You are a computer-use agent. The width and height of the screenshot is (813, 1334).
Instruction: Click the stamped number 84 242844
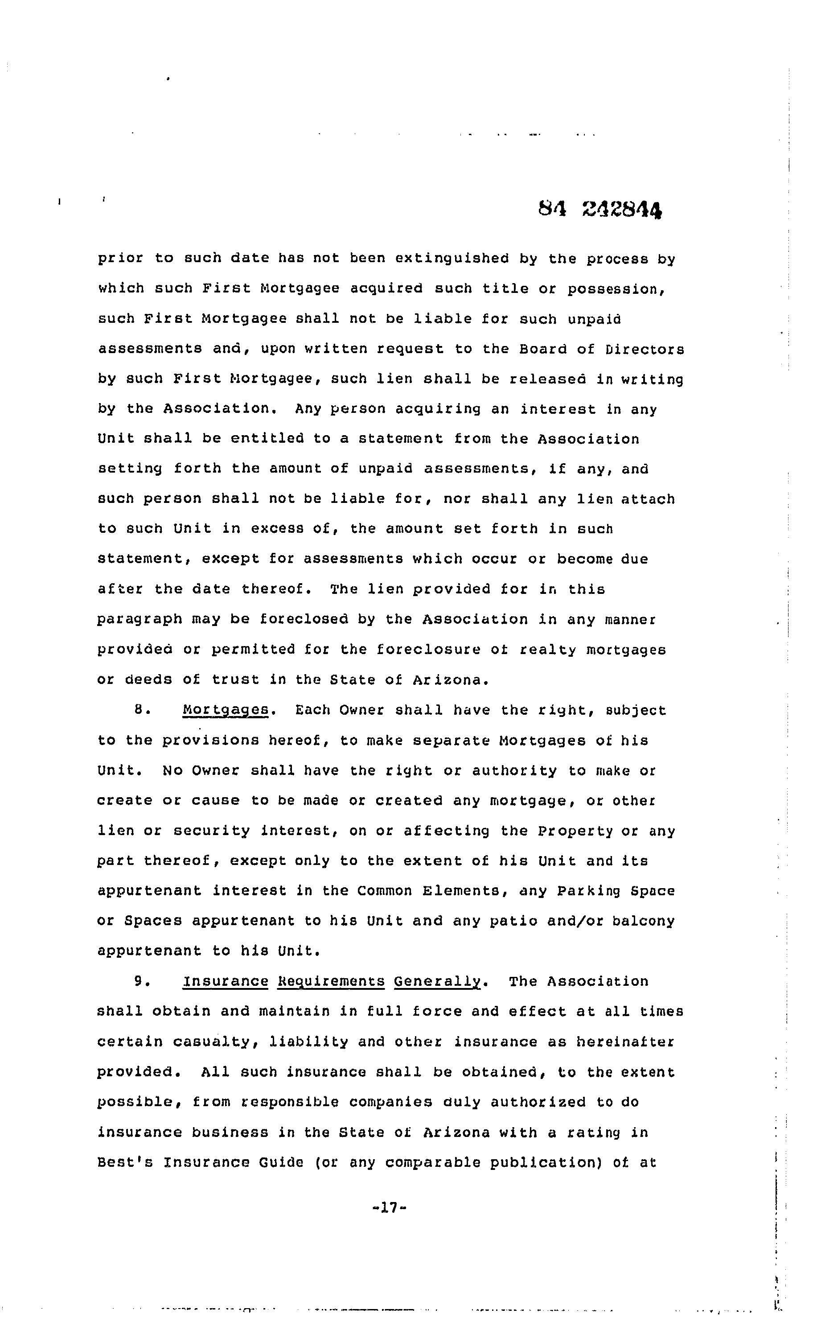[600, 209]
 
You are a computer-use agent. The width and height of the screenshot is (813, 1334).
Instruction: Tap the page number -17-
[389, 1208]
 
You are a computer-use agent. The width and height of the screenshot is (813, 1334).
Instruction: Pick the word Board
[543, 349]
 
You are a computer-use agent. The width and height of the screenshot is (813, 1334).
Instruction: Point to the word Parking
[589, 891]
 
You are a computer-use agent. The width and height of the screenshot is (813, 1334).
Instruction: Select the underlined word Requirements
[331, 982]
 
